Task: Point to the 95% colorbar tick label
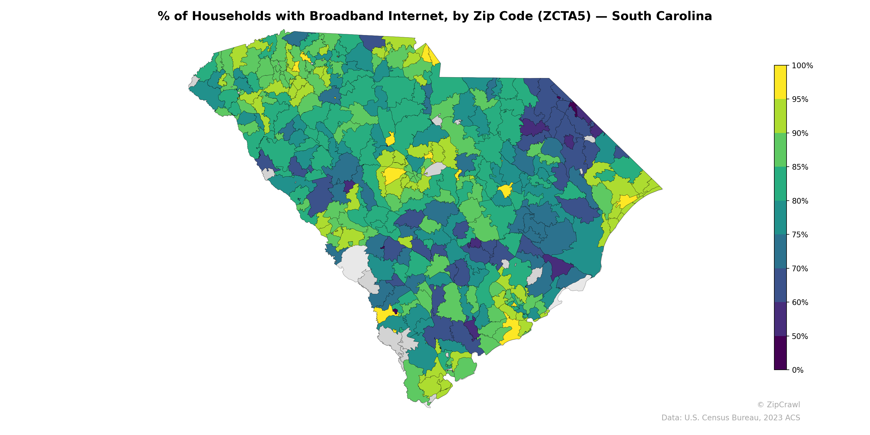coord(800,99)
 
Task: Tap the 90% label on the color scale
coord(800,133)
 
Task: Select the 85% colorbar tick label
coord(800,167)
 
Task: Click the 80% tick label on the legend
coord(800,201)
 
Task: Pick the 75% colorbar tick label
coord(800,235)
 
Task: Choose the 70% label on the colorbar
coord(800,269)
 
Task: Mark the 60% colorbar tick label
coord(800,302)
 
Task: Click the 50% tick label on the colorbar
coord(800,336)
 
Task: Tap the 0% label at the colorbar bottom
coord(797,370)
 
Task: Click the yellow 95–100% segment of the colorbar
coord(780,82)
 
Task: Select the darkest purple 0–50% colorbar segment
coord(780,353)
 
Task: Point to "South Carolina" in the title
coord(662,16)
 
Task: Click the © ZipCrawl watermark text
coord(778,405)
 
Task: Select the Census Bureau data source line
coord(731,418)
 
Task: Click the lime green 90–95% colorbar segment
coord(780,116)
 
